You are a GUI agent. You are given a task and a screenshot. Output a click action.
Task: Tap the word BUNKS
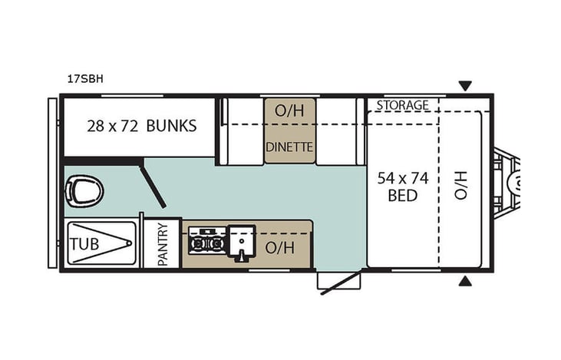(171, 125)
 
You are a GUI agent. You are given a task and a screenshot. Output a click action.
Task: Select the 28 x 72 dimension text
(114, 125)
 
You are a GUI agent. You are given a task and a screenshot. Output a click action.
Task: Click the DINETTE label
(289, 147)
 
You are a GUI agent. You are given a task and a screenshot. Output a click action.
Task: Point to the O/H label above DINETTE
(289, 111)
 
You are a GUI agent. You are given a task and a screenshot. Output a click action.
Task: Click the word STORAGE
(402, 104)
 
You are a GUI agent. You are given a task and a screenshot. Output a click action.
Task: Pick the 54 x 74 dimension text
(403, 178)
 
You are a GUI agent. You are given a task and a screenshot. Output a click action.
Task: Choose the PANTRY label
(163, 244)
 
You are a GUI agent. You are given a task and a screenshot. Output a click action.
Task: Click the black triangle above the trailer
(464, 86)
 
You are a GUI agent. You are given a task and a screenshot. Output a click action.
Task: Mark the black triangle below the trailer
(464, 282)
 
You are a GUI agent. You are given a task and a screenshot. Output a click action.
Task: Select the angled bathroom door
(153, 184)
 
